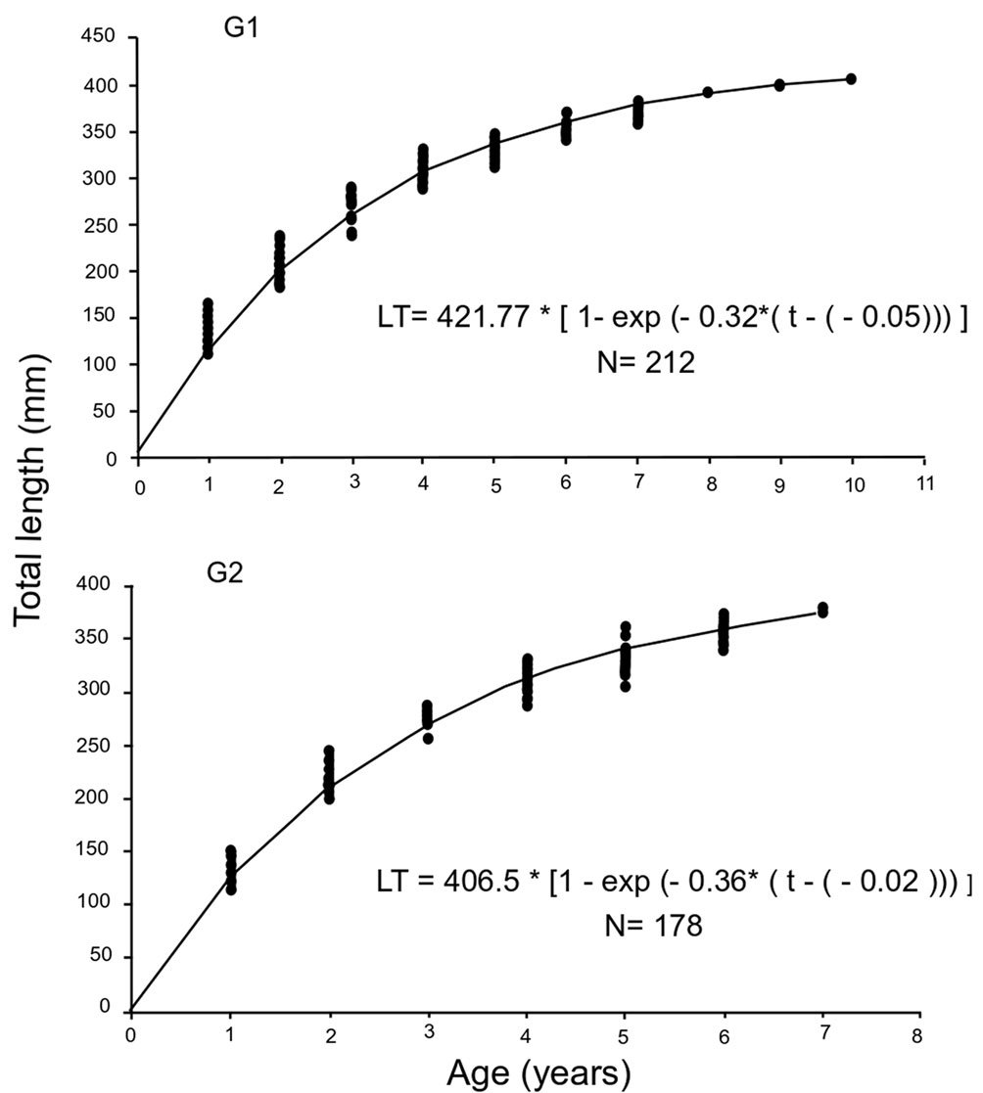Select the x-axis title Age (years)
pos(533,1071)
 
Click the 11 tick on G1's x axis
pos(925,484)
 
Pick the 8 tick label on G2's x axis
pos(918,1034)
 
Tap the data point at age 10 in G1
pos(851,78)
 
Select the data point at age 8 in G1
pos(707,92)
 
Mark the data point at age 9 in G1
pos(779,85)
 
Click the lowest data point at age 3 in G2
pos(428,738)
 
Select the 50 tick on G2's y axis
pos(105,956)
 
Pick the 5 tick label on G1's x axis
pos(496,486)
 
